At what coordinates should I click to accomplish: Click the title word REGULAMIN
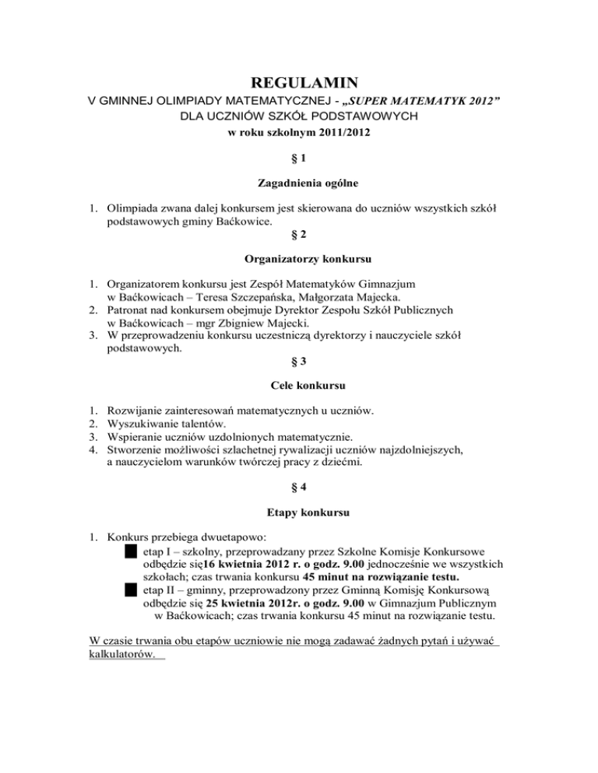coord(299,82)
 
